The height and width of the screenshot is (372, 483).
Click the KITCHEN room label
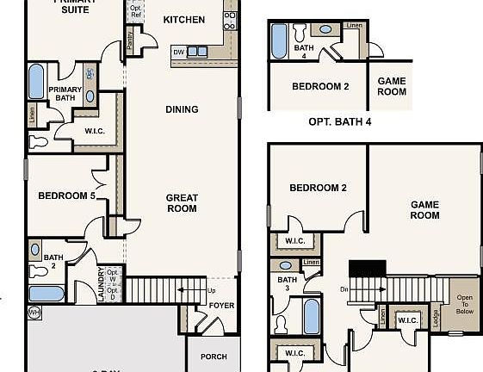(x=184, y=20)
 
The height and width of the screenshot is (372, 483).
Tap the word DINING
(x=182, y=109)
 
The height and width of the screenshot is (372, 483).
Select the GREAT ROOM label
(x=181, y=203)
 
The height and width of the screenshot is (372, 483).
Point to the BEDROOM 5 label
(x=66, y=196)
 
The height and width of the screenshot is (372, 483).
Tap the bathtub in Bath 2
(x=46, y=294)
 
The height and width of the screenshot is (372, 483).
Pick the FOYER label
(x=221, y=306)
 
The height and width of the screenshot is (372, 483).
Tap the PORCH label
(x=213, y=356)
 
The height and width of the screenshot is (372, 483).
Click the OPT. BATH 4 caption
(x=339, y=122)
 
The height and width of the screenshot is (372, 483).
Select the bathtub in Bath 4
(x=279, y=40)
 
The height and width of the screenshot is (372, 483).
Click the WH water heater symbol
(x=34, y=311)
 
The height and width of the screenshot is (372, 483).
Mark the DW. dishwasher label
(x=178, y=52)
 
